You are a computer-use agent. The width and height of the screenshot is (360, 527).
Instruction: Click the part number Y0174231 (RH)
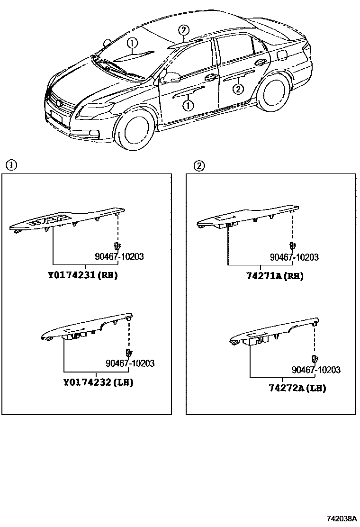pyautogui.click(x=82, y=275)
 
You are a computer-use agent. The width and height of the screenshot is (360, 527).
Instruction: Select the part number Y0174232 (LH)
pyautogui.click(x=98, y=382)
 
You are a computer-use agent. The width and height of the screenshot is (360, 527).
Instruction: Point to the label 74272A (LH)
pyautogui.click(x=297, y=388)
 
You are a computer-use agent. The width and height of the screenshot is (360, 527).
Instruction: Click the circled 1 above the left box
pyautogui.click(x=11, y=165)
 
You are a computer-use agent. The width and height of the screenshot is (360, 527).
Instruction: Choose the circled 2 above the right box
pyautogui.click(x=199, y=165)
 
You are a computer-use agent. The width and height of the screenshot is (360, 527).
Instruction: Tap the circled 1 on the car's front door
pyautogui.click(x=188, y=105)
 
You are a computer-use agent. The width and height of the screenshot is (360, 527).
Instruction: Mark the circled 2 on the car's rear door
pyautogui.click(x=238, y=88)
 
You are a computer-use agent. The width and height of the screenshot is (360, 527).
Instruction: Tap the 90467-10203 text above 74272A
pyautogui.click(x=315, y=370)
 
